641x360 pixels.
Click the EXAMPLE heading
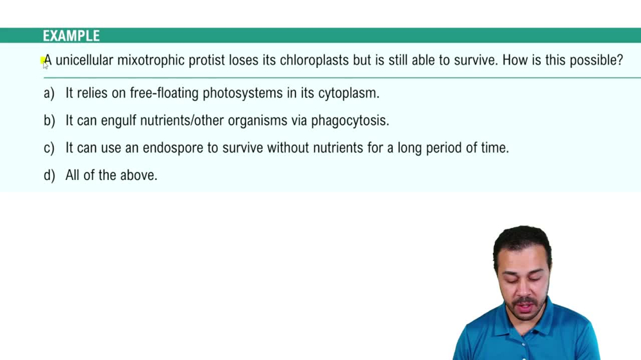[71, 36]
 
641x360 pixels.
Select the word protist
[206, 60]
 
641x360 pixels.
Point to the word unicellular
[84, 60]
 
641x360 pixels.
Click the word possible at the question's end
[596, 60]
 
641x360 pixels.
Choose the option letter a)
[49, 94]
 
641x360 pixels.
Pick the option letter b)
[49, 120]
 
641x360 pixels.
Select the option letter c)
[49, 148]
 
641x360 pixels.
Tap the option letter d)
[49, 176]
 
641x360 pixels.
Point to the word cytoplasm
[349, 94]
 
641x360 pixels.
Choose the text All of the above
[111, 176]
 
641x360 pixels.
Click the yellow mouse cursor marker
[44, 62]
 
